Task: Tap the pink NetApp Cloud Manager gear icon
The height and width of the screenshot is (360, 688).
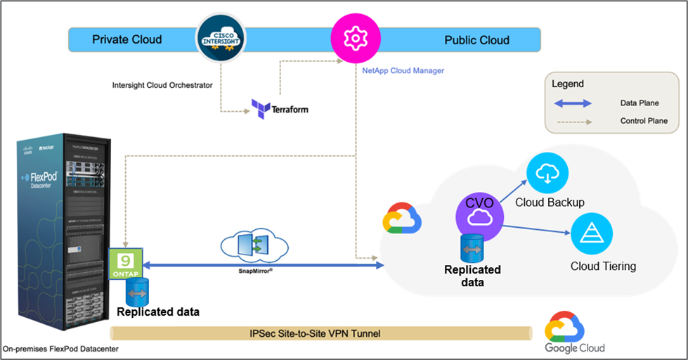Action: (x=350, y=40)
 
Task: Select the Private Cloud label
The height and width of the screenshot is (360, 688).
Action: (x=126, y=40)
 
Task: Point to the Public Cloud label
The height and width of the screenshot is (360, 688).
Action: (x=476, y=40)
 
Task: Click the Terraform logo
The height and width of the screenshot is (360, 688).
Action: (x=280, y=109)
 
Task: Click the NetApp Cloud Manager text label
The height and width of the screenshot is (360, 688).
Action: (x=403, y=71)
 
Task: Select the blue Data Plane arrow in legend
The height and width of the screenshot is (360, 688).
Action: (x=578, y=103)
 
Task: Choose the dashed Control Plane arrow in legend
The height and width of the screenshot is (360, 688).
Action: (x=578, y=121)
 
